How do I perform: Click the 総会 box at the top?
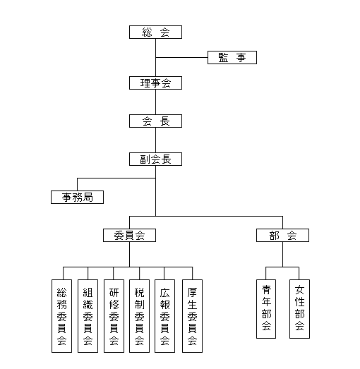(x=155, y=32)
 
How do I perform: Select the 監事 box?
(x=232, y=57)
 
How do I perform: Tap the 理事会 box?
(x=155, y=83)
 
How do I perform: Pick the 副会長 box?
(x=155, y=159)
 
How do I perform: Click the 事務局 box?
(x=77, y=198)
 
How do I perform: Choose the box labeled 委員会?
(x=129, y=236)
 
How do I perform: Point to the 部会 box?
(x=282, y=236)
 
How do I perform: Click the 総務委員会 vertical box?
(x=61, y=316)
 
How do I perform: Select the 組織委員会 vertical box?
(x=88, y=316)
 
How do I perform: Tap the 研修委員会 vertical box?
(x=114, y=316)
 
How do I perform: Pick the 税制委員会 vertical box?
(x=139, y=316)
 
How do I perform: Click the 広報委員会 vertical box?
(x=164, y=316)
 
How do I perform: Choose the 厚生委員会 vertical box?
(x=193, y=316)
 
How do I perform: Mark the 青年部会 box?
(x=266, y=309)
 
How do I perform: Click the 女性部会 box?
(x=299, y=309)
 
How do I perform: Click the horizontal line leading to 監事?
(x=181, y=57)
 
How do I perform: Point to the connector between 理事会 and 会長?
(x=155, y=102)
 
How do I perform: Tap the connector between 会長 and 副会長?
(x=155, y=140)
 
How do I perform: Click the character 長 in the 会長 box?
(x=164, y=121)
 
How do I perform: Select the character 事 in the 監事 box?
(x=241, y=58)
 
